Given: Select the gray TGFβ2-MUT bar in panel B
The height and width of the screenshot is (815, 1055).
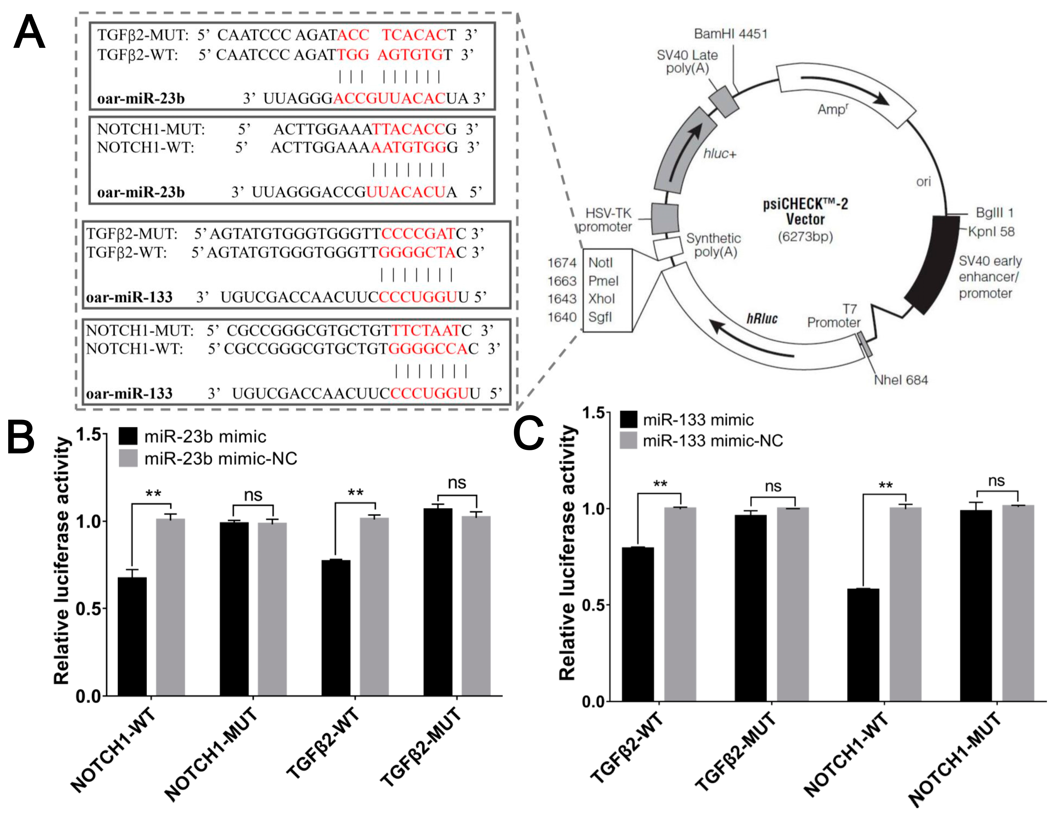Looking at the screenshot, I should [x=476, y=606].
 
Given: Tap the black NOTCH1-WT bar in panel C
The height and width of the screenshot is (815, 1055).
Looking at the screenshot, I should [x=863, y=645].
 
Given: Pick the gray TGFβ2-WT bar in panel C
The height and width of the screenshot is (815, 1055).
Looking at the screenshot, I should [x=680, y=604].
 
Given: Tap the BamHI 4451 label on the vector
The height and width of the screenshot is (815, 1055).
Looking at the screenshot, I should [x=730, y=34].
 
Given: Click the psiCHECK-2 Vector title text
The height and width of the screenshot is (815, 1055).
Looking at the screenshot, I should [x=805, y=211].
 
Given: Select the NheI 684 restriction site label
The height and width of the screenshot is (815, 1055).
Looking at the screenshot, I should [x=901, y=380].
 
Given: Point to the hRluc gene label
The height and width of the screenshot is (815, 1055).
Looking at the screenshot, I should [x=762, y=318].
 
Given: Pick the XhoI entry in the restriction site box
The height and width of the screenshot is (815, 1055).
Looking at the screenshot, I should [x=602, y=299].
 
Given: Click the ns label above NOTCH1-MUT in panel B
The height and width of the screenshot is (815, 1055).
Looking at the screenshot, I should [x=253, y=495].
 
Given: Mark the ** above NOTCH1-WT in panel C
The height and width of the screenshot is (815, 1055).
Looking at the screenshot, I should [x=885, y=485].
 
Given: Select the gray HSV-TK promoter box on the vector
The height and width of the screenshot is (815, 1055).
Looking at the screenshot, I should [x=665, y=219].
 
